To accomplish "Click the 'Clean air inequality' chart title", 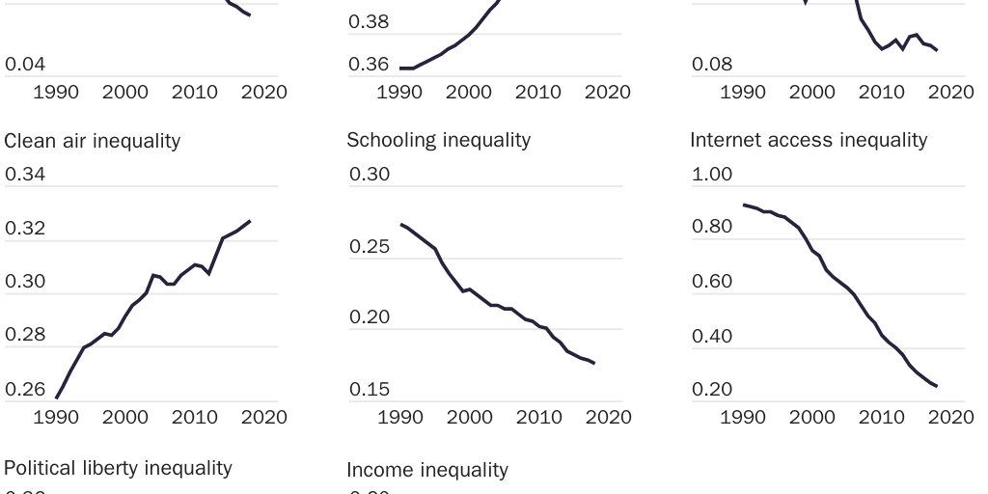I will tap(93, 141).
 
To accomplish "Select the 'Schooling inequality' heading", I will tap(438, 140).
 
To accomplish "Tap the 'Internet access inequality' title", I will tap(809, 140).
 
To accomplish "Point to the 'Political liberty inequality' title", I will tap(118, 468).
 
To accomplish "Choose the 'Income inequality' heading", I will tap(426, 470).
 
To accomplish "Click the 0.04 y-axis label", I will tap(25, 65).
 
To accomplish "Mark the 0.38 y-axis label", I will tap(369, 21).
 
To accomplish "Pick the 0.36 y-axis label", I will tap(369, 65).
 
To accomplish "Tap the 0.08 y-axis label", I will tap(712, 65).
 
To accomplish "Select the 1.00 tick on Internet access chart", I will tap(712, 175).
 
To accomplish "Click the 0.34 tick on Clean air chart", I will tap(25, 175).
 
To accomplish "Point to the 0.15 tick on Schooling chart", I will tap(370, 390).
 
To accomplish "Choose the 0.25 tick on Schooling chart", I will tap(370, 247).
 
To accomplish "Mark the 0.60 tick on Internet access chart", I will tap(712, 282).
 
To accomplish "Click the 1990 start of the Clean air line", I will tap(57, 398).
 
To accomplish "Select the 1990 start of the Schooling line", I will tap(401, 224).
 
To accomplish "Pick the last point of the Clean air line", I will tap(250, 221).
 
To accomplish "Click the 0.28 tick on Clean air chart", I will tap(25, 335).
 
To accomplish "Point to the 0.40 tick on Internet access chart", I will tap(712, 337).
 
